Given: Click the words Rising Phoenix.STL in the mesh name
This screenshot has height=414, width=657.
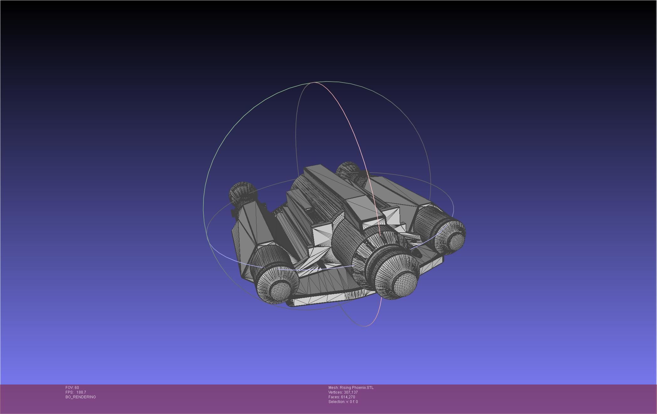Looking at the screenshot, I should [x=356, y=387].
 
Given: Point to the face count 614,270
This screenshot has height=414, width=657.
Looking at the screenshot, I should [x=348, y=397].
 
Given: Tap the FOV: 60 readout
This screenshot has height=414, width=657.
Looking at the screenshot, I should [x=72, y=387].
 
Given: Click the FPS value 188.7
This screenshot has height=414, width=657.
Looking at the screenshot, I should [x=81, y=392].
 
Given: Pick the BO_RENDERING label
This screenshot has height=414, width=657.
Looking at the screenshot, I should [x=81, y=397].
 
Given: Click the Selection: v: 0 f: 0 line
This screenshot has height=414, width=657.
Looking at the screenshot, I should [x=343, y=401].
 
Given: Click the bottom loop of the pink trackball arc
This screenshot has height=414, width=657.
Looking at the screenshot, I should [x=365, y=326].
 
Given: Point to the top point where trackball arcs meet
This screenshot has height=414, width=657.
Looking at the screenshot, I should [x=314, y=82].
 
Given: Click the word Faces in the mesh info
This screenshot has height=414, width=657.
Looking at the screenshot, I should [x=334, y=397].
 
